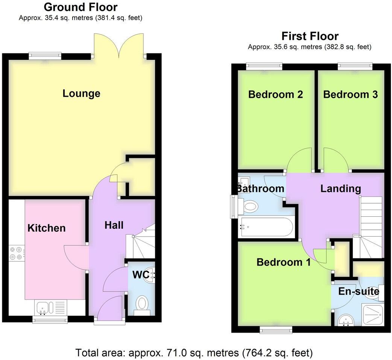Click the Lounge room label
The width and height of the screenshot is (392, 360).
coord(81,93)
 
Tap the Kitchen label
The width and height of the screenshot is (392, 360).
coord(47,228)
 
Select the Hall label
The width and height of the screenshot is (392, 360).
coord(114,225)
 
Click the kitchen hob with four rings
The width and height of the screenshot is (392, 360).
coord(17,253)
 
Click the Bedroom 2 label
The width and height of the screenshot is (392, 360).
coord(276,94)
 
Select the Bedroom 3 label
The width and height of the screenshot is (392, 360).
coord(350,94)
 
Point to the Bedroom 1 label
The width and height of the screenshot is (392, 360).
coord(284,262)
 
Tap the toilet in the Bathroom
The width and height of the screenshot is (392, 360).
coord(250,206)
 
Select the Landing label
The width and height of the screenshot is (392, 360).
coord(340,188)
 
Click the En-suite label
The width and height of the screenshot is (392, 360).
coord(359,291)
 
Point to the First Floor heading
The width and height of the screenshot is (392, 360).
coord(310,36)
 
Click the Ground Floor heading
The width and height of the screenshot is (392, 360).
coord(81,7)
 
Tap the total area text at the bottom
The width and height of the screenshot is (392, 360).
coord(194,353)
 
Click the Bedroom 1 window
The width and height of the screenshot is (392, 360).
coord(276,330)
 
